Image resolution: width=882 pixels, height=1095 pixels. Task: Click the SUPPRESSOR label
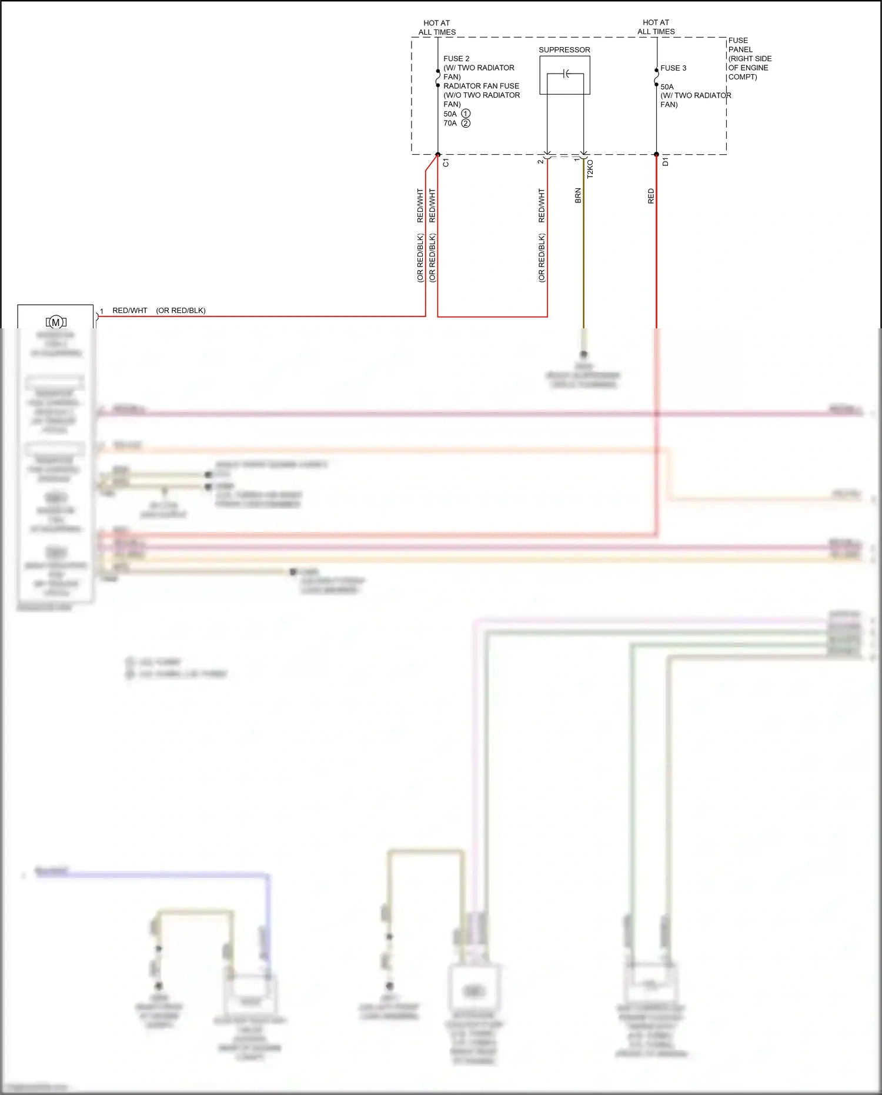[564, 50]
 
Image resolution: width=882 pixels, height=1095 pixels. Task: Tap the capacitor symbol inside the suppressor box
[566, 74]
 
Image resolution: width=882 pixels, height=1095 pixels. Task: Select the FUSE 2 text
[456, 59]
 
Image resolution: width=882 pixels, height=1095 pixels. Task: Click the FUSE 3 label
[673, 68]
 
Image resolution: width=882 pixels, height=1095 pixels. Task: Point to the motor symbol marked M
[56, 322]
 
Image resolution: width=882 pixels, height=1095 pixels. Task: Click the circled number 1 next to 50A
[466, 114]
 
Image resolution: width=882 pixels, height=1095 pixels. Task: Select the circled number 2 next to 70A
[466, 123]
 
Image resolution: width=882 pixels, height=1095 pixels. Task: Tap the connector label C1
[446, 163]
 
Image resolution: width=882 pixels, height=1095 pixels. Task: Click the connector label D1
[665, 162]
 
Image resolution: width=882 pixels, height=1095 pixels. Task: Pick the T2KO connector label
[590, 169]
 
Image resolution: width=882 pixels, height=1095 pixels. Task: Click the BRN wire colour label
[578, 196]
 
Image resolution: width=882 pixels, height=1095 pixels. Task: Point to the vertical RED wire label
[651, 196]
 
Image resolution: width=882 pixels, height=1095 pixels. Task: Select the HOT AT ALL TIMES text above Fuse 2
[437, 28]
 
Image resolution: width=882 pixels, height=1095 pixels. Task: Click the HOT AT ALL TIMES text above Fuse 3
[656, 27]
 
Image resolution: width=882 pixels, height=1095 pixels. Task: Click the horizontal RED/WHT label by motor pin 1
[130, 311]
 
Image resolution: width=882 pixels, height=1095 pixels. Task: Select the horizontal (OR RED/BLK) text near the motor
[181, 311]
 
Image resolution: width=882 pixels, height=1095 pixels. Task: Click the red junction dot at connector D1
[657, 155]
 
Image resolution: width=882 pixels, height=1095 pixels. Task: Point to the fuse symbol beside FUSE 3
[656, 77]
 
